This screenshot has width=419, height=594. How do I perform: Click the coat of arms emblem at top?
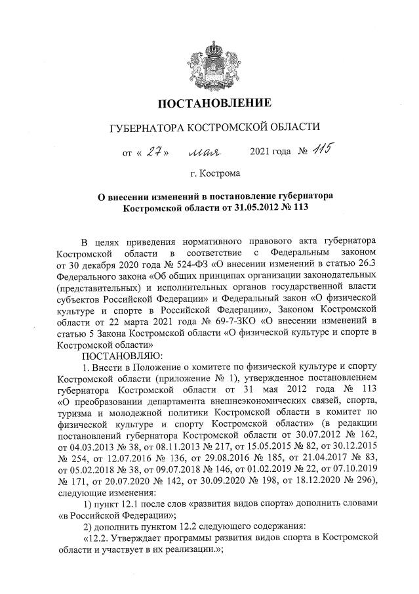tap(210, 62)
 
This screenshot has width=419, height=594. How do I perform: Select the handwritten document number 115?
tap(325, 150)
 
